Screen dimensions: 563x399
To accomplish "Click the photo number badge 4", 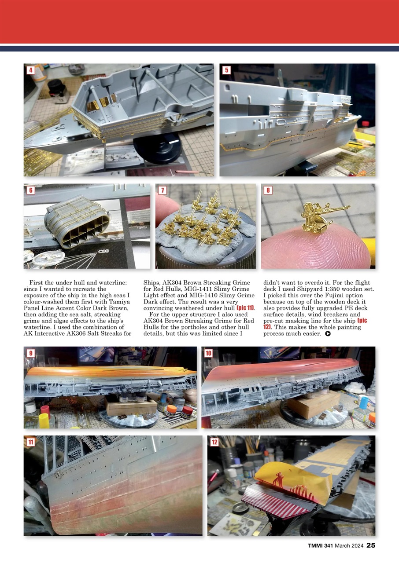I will (x=30, y=70).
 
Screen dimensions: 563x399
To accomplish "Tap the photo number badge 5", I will (x=226, y=70).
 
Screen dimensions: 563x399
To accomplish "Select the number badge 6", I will (x=30, y=190).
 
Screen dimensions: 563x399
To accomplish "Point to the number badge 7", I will (x=163, y=190).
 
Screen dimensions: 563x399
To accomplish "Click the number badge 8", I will (x=268, y=190).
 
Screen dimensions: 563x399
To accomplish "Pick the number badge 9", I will (x=30, y=353).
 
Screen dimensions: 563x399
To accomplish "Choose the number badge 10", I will (x=208, y=353).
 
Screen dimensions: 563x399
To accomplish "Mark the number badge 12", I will (x=214, y=442).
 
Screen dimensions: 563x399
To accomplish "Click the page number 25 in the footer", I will (x=371, y=545).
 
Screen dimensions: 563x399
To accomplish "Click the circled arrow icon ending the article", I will (x=328, y=334).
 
